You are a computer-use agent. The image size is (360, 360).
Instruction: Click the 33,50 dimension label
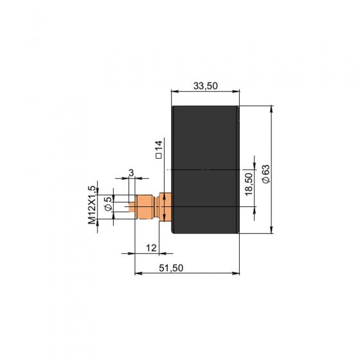tap(205, 86)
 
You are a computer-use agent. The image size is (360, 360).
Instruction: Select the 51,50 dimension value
tap(171, 268)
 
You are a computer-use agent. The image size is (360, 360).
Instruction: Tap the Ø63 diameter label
tap(266, 174)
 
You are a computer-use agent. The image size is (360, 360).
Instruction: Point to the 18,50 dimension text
tap(249, 184)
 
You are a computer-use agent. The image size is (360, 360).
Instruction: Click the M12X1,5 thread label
tap(92, 205)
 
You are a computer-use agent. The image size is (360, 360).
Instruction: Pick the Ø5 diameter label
tap(108, 204)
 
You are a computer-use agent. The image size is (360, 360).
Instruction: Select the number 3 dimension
tap(131, 173)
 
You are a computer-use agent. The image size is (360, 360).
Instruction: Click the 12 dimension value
tap(151, 248)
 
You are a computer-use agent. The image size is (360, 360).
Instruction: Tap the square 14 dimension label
tap(159, 149)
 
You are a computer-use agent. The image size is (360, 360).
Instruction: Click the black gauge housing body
tap(206, 170)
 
